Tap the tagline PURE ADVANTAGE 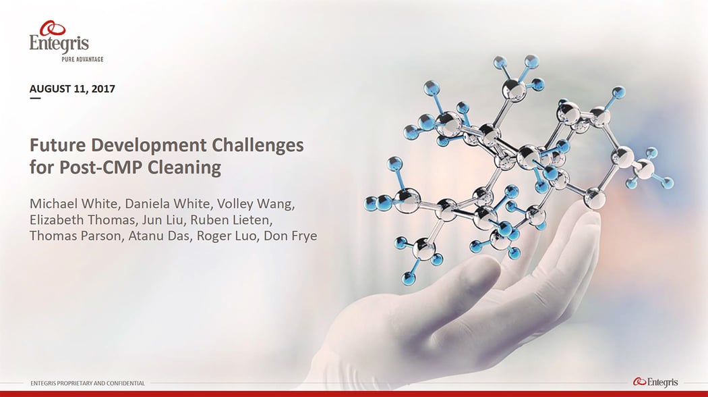(78, 59)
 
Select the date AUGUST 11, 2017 (72, 88)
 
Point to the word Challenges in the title (258, 145)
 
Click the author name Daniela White (160, 204)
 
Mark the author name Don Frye (291, 236)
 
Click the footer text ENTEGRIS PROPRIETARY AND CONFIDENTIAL (88, 383)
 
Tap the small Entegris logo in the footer (655, 383)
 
